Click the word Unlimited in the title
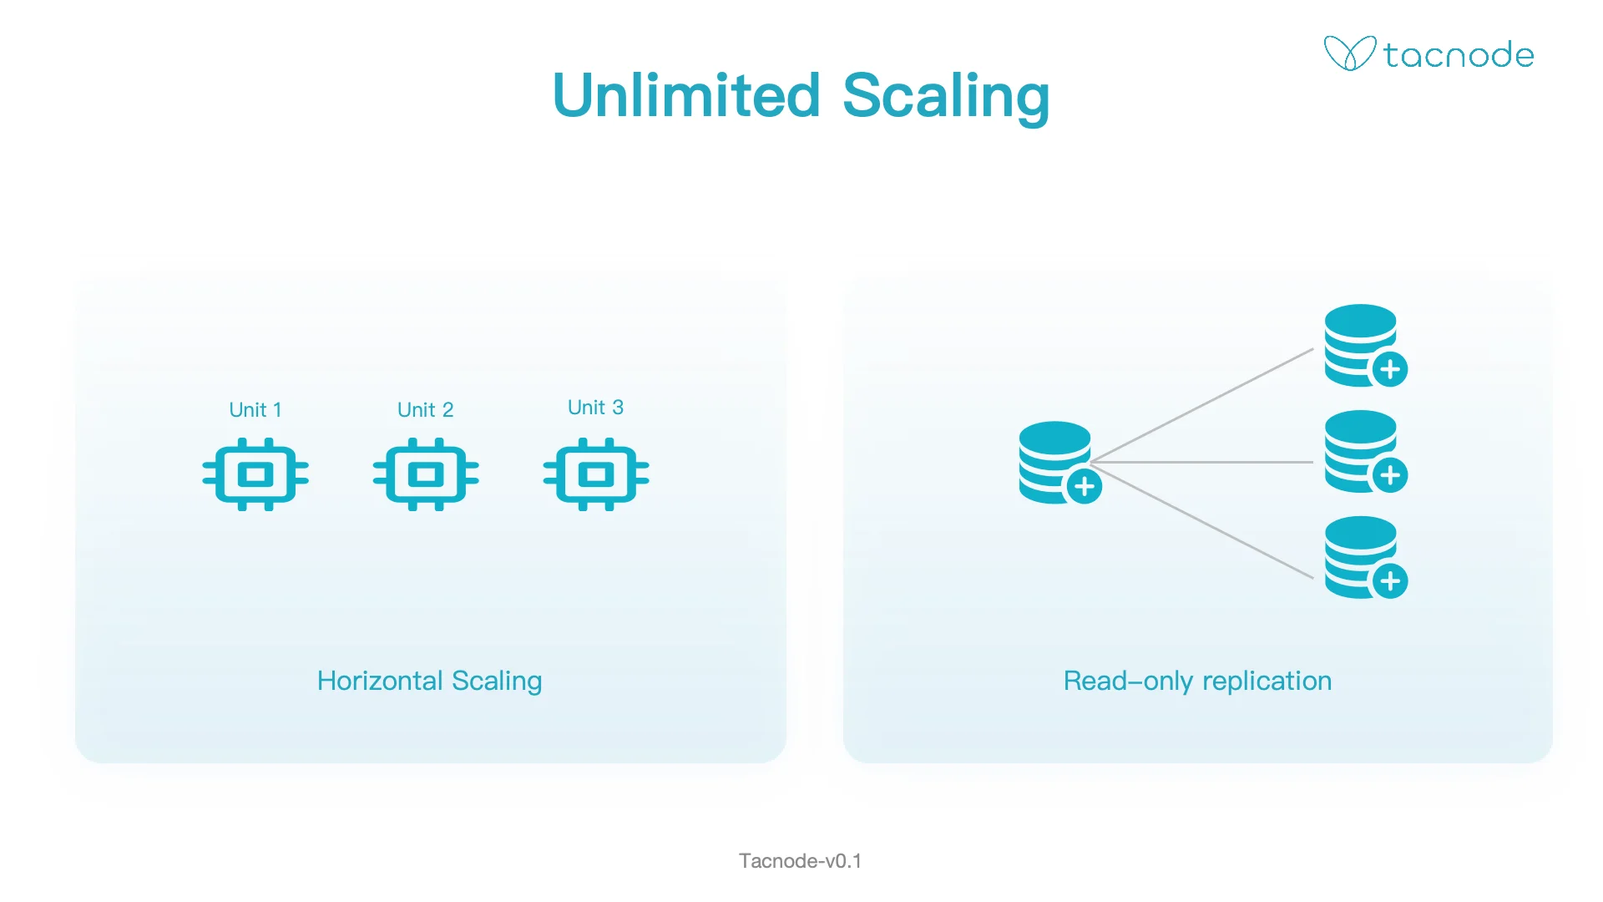(x=686, y=95)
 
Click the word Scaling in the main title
(x=946, y=97)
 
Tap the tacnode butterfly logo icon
(x=1349, y=53)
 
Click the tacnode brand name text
(x=1459, y=55)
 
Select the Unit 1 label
(x=255, y=410)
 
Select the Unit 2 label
(x=425, y=410)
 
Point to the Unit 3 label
(x=595, y=408)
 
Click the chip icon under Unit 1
(x=255, y=474)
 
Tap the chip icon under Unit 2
(x=426, y=474)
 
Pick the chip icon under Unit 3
(x=596, y=474)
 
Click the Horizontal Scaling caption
(x=429, y=681)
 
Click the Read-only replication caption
(x=1197, y=681)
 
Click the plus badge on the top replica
(x=1390, y=369)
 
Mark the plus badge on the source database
(x=1085, y=486)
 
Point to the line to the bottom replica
(x=1202, y=520)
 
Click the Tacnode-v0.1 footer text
(x=800, y=861)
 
